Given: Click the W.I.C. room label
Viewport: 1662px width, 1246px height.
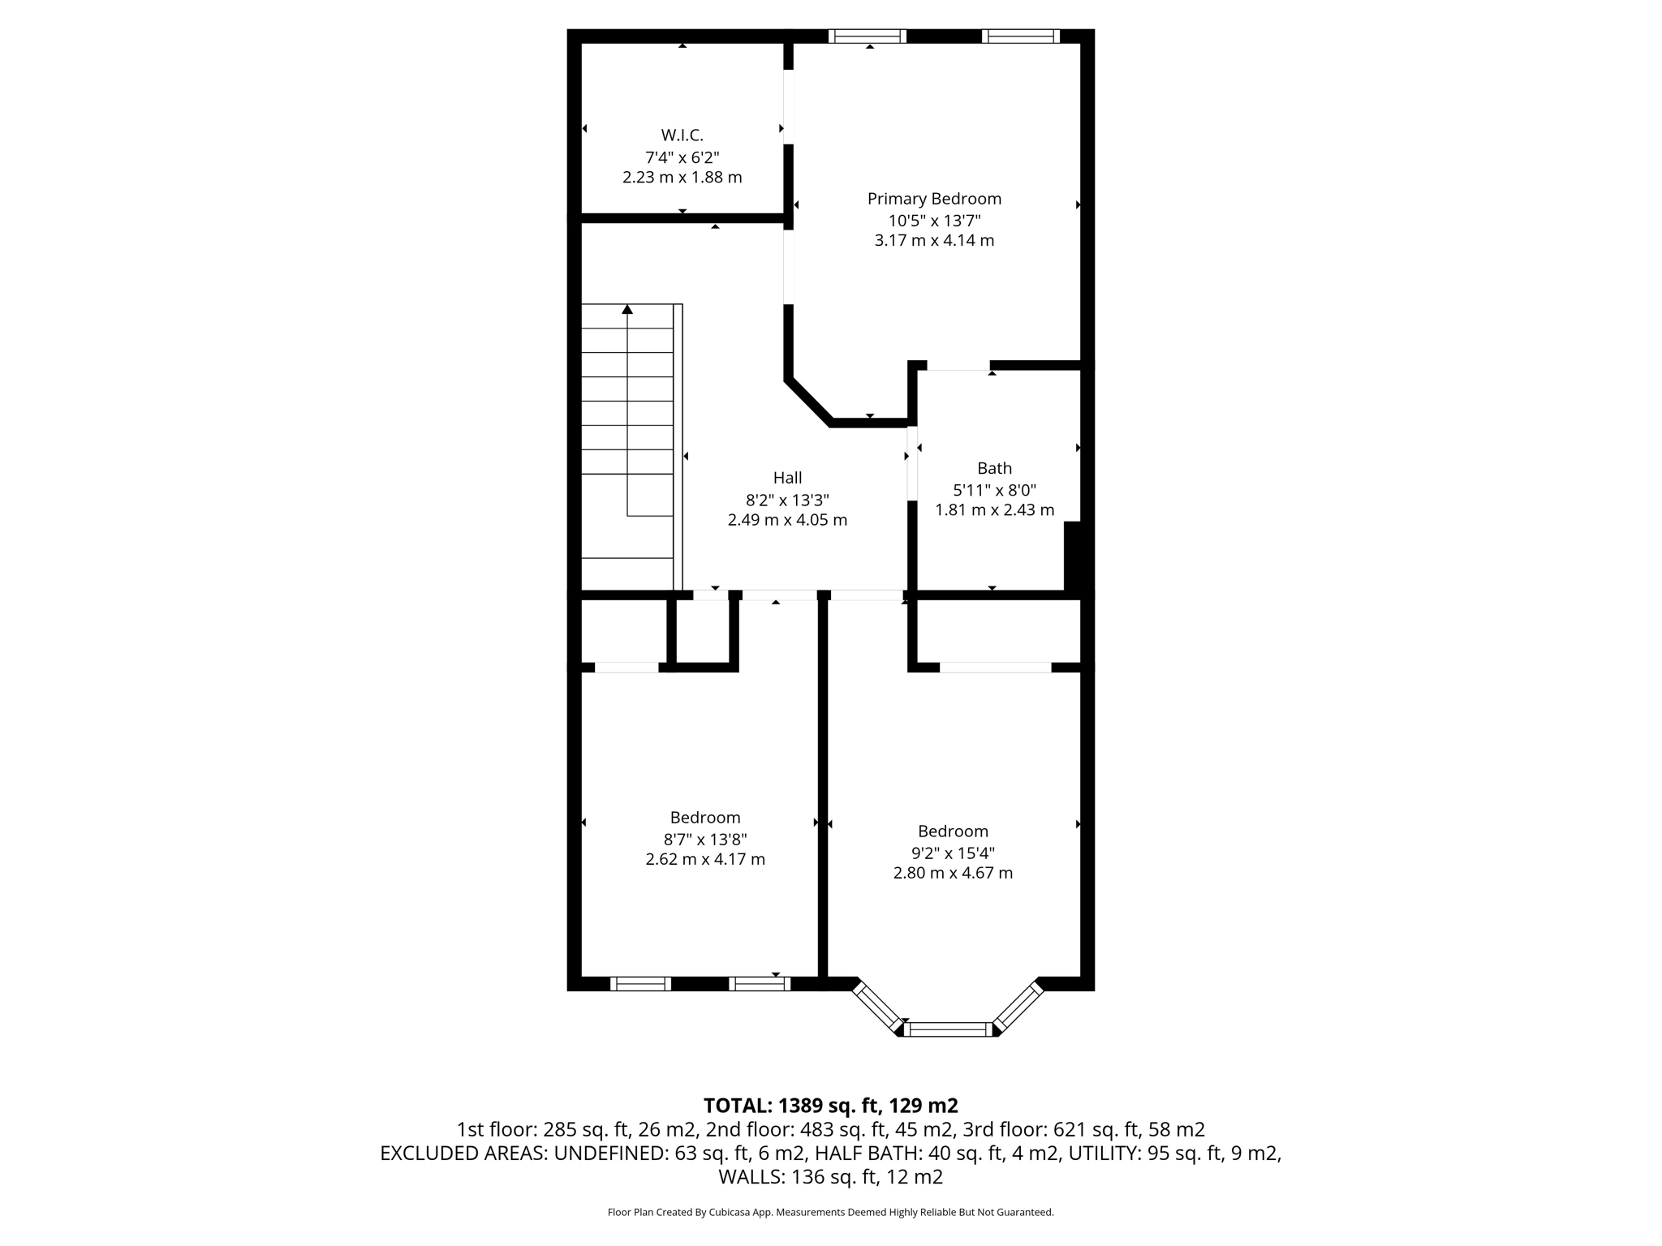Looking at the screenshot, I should pos(682,135).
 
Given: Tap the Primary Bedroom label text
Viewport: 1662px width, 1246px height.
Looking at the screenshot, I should pos(934,199).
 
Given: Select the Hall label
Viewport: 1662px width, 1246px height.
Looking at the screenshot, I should pos(787,478).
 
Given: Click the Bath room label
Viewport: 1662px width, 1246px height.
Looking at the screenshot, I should pos(994,468).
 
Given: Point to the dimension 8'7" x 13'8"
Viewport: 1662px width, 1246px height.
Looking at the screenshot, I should pos(704,839).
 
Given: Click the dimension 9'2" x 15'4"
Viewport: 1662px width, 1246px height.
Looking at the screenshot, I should pos(953,853).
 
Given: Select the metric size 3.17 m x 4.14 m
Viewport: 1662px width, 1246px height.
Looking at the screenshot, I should pos(934,240).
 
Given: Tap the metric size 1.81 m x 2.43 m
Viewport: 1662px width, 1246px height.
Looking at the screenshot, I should pos(994,510).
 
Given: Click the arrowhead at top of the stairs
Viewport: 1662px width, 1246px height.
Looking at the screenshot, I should pos(627,309).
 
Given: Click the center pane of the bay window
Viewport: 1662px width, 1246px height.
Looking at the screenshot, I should pos(948,1029).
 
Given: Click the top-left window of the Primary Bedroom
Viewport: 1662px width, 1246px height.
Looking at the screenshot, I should pos(868,36).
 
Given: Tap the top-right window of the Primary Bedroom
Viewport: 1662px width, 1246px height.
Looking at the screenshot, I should pos(1020,36).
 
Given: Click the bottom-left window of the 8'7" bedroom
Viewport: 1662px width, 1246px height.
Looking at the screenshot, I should pos(640,984).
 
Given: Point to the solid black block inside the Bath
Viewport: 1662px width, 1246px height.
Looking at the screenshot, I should pos(1072,556).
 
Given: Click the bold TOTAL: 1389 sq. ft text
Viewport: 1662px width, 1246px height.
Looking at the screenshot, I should pos(830,1106).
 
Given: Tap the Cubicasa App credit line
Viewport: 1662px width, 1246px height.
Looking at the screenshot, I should pos(830,1212).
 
